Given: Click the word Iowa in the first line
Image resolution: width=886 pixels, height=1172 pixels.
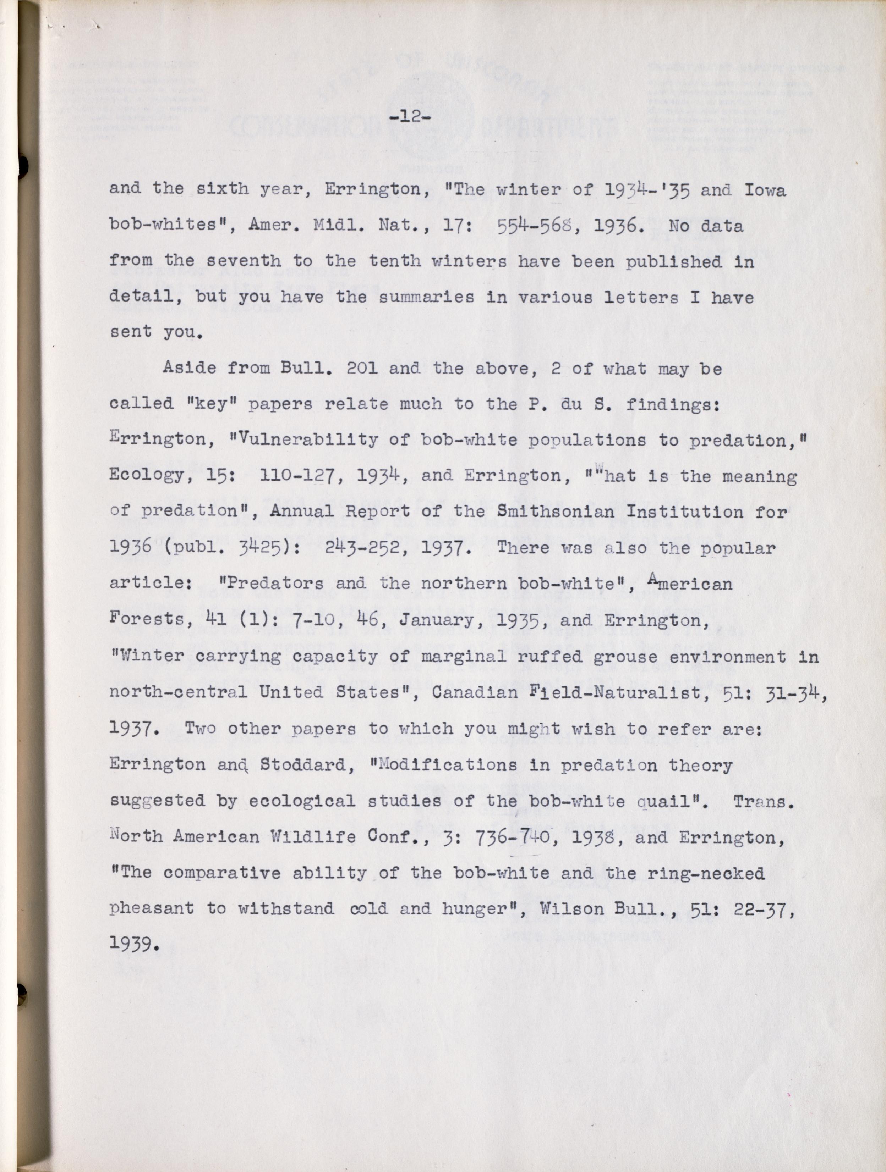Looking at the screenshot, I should (765, 190).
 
